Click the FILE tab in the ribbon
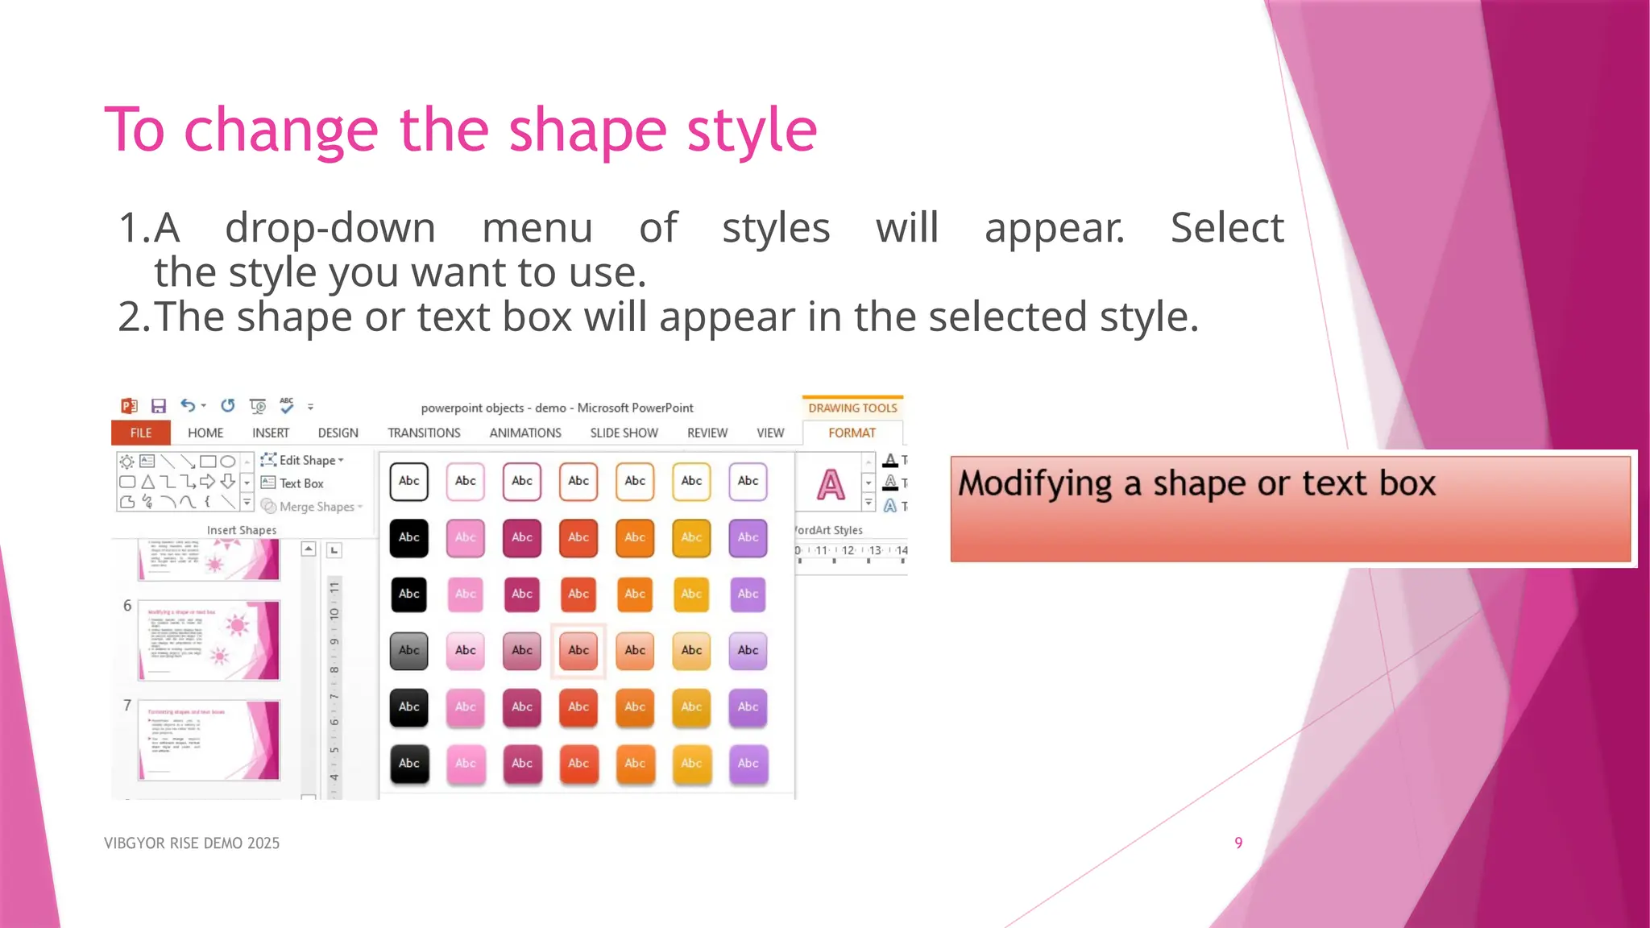141,433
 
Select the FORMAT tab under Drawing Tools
852,433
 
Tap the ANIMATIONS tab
525,433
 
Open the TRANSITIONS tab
424,433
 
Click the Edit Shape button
303,460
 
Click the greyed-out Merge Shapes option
313,507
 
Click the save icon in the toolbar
159,406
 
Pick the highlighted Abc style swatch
578,650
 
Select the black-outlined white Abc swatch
409,481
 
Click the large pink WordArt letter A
831,485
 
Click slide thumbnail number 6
209,640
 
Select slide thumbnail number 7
209,740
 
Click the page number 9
1238,843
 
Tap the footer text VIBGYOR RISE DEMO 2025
192,843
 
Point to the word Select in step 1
1226,228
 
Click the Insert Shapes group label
242,530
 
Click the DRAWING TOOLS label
852,408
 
